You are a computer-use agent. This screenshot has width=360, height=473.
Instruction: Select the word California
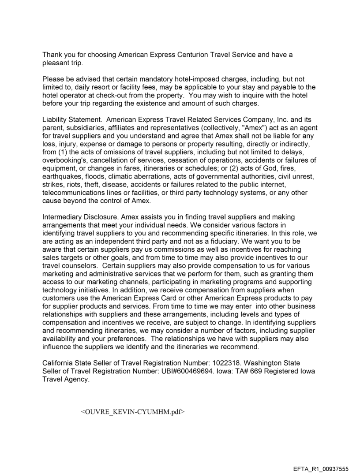tap(59, 362)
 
